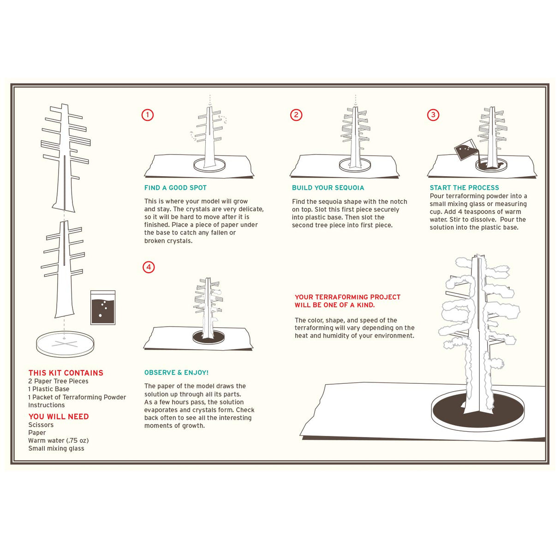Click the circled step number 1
coord(147,115)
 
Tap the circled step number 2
coord(296,115)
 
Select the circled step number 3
coord(433,115)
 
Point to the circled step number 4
coord(149,267)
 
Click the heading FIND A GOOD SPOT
coord(175,188)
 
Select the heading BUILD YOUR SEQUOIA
coord(328,188)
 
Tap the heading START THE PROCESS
coord(464,188)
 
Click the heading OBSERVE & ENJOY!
coord(176,373)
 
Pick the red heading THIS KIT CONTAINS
coord(66,373)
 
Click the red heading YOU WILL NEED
coord(59,417)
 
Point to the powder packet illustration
coord(103,308)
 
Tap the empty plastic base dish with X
coord(65,344)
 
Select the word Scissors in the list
coord(41,425)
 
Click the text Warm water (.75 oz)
coord(59,441)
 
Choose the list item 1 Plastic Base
coord(49,389)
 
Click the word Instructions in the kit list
coord(47,405)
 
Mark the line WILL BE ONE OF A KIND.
coord(334,305)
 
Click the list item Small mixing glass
coord(56,448)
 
